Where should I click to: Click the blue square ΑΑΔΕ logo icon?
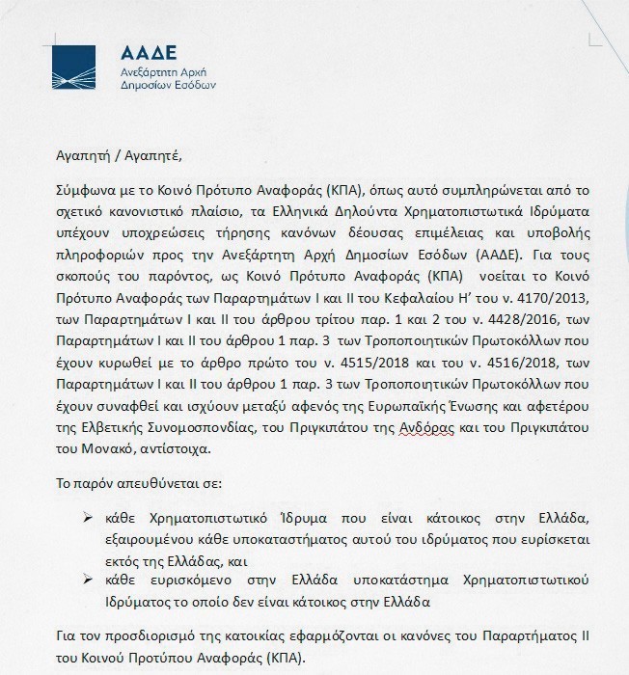73,67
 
